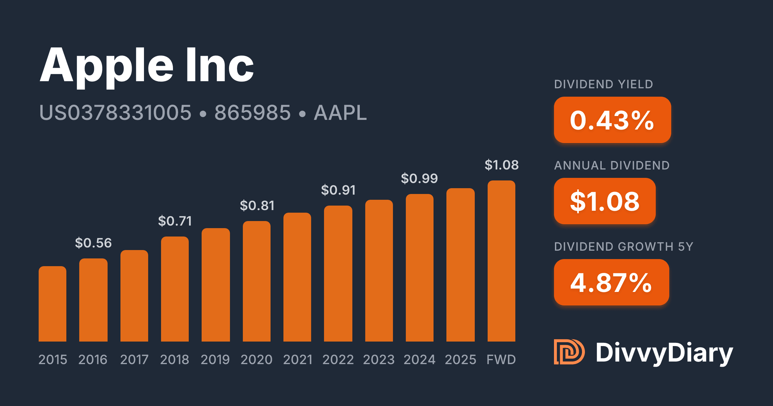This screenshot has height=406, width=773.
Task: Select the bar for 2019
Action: (216, 285)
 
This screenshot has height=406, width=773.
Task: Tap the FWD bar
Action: (501, 261)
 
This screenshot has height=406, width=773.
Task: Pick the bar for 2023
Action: (379, 271)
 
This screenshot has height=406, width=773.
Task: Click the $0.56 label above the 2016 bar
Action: (93, 243)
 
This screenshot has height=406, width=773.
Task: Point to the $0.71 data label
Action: (175, 221)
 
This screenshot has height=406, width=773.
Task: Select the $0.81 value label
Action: (257, 206)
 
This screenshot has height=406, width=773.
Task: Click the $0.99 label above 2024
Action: (419, 178)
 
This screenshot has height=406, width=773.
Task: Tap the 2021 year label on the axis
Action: (298, 360)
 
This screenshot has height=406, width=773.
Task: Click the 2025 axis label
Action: (461, 360)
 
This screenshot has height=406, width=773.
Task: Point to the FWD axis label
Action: (501, 360)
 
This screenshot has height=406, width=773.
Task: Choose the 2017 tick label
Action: (134, 360)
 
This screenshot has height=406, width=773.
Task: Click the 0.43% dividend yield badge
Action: (612, 120)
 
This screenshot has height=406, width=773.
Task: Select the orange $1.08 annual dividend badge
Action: (605, 201)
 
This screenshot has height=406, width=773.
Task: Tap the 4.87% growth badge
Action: (611, 282)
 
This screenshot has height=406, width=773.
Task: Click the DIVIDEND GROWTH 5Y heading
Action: (624, 247)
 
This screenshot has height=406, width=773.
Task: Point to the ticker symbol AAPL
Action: (340, 113)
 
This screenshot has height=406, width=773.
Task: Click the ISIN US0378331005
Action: (115, 113)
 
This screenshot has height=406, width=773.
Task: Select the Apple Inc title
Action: (147, 66)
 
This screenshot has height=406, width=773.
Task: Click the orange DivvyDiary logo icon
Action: (569, 352)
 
